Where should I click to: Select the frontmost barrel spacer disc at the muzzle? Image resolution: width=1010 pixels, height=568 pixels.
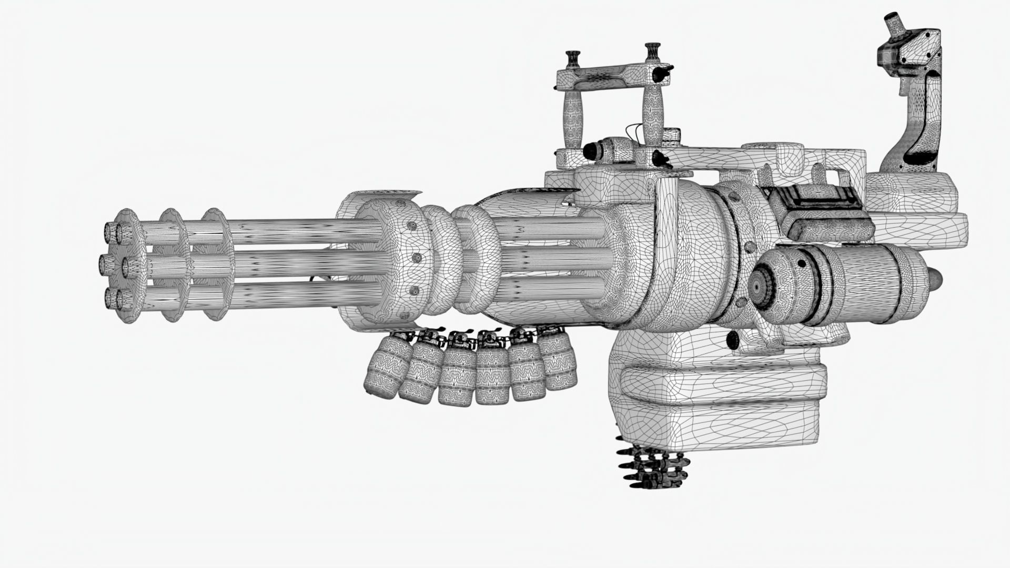(126, 266)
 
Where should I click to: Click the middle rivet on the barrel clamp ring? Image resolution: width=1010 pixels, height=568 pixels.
(416, 258)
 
